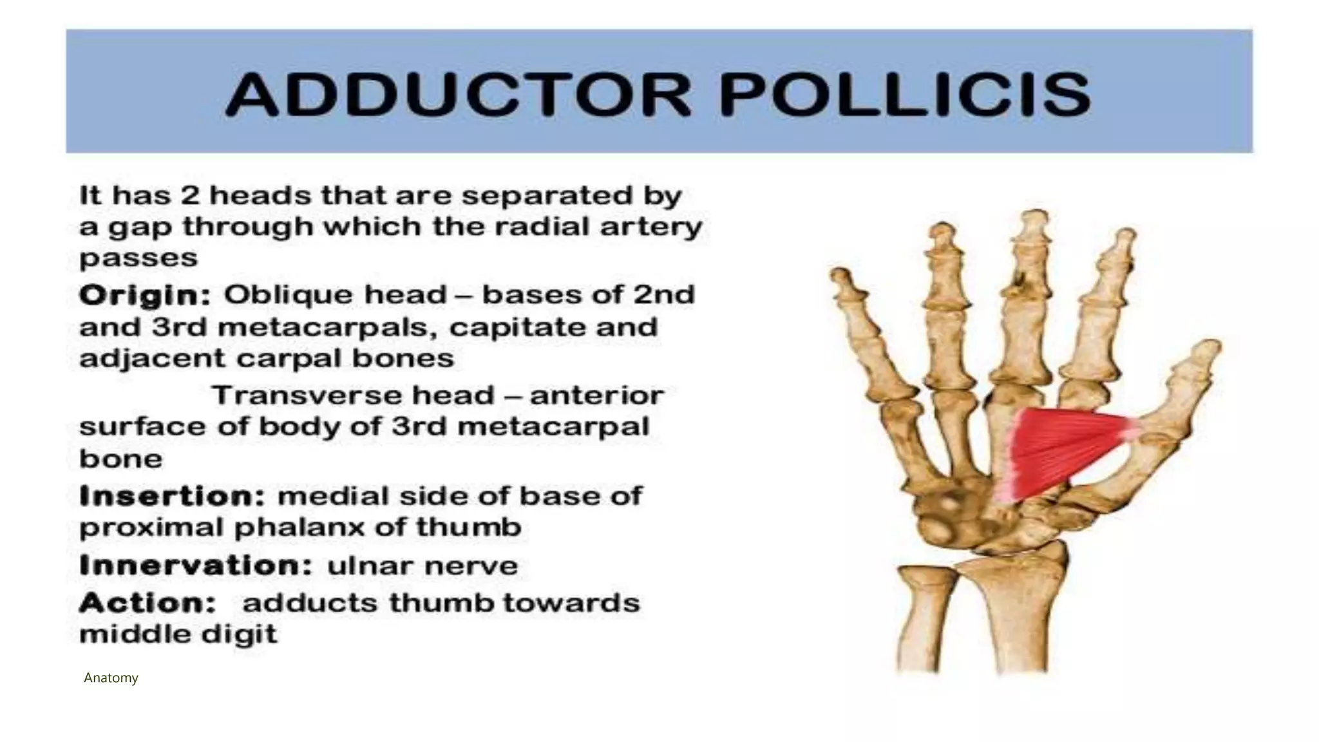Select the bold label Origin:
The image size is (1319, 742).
(x=145, y=296)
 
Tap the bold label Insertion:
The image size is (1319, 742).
(x=172, y=497)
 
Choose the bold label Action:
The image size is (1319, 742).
(x=147, y=604)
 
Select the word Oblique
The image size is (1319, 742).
(x=289, y=296)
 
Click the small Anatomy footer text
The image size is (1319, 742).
(x=111, y=678)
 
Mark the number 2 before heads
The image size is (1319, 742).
(x=190, y=195)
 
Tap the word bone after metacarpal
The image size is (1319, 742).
(x=120, y=459)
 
